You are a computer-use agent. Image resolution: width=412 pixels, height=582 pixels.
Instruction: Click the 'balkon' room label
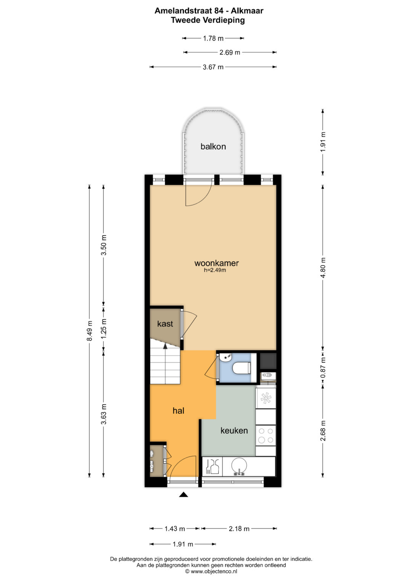point(213,146)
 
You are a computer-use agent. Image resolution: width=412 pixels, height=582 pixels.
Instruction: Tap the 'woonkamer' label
point(216,263)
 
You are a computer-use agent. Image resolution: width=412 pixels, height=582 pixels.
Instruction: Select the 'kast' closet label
point(165,324)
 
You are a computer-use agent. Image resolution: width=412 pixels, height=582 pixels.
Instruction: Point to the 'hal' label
point(179,410)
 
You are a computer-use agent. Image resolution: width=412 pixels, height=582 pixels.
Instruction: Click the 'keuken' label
point(234,431)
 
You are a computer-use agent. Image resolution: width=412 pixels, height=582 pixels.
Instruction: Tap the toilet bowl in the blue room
point(241,368)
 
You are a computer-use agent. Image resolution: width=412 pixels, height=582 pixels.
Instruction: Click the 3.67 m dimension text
point(213,67)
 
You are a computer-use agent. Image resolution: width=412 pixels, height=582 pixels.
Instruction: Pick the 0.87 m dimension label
point(323,367)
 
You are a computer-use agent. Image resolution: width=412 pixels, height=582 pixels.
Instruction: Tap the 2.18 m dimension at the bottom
point(239,529)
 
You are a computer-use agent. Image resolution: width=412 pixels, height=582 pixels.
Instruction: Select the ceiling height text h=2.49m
point(215,270)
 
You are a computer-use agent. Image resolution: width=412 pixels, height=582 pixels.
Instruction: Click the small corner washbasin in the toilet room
point(225,358)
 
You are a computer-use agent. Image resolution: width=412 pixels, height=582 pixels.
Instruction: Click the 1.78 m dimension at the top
point(213,38)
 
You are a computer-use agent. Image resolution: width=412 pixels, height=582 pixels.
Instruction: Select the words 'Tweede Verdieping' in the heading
point(208,20)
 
